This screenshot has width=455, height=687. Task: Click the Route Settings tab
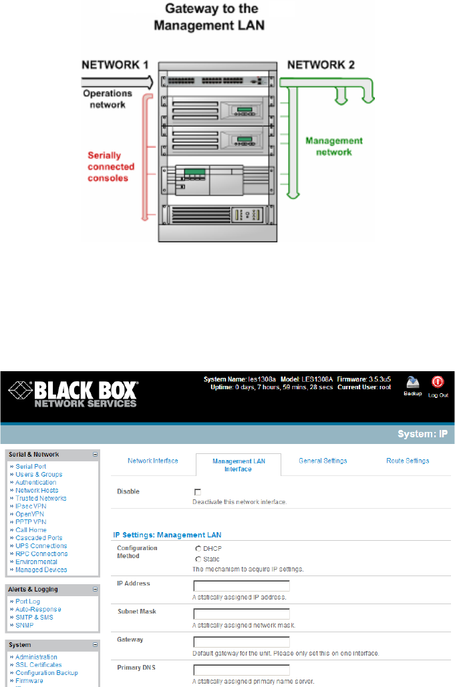click(408, 461)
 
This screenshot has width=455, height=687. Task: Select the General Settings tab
click(323, 461)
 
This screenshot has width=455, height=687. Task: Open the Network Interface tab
click(152, 461)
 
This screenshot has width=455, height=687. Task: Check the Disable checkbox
click(198, 492)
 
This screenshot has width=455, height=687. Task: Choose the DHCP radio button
click(198, 548)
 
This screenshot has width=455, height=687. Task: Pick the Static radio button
click(198, 559)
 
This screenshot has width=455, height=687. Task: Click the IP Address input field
click(241, 586)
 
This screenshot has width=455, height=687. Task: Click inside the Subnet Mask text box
click(241, 614)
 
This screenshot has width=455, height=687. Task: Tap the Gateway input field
click(241, 642)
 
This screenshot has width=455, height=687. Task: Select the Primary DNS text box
click(241, 670)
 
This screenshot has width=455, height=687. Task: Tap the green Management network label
click(334, 146)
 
